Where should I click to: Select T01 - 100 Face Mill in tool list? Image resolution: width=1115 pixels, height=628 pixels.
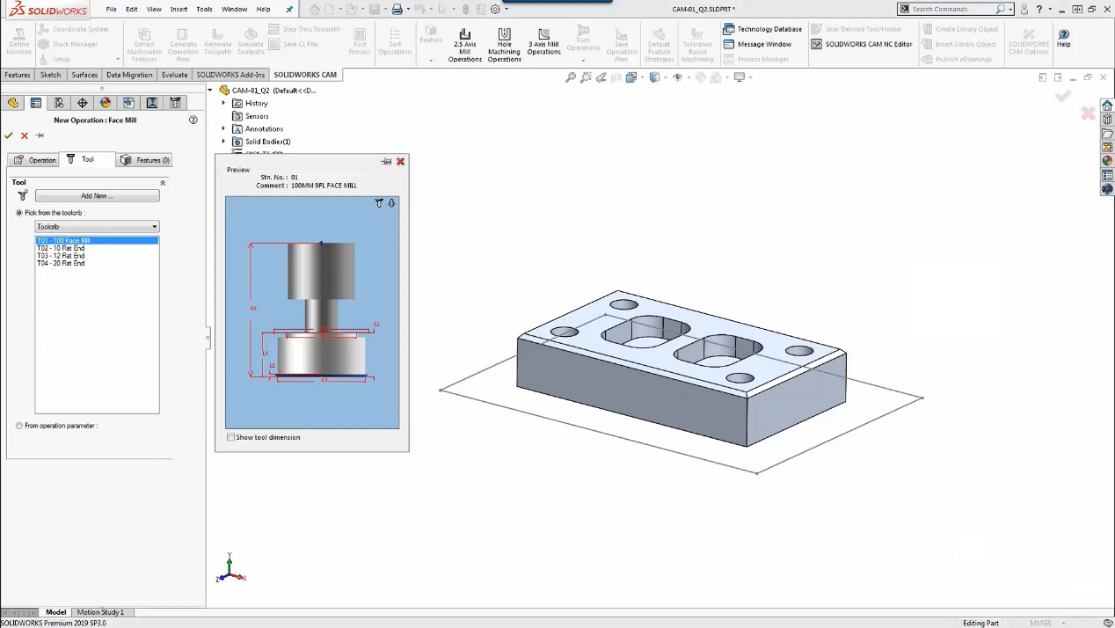(63, 240)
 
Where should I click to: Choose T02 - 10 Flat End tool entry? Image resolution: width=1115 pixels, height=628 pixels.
(61, 248)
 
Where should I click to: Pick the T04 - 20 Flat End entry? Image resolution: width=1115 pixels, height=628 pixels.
(61, 263)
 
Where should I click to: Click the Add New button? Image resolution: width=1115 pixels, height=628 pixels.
(97, 196)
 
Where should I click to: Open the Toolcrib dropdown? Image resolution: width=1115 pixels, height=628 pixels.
(97, 227)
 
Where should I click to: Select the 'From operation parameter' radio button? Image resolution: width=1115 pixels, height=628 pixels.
(19, 426)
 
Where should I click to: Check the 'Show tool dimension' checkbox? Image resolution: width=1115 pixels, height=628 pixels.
(231, 437)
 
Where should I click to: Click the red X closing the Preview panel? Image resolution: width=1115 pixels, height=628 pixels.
(400, 162)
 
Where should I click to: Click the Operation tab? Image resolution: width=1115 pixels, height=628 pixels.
(35, 160)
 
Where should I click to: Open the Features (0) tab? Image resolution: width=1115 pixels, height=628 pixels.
(145, 160)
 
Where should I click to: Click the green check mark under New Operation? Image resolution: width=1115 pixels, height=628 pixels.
(9, 135)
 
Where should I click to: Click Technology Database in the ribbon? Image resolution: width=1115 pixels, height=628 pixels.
(763, 29)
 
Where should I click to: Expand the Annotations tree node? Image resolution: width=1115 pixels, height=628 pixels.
(223, 129)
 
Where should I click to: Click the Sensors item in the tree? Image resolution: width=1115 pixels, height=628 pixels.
(257, 116)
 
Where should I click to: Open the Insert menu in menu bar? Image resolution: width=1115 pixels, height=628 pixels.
(179, 9)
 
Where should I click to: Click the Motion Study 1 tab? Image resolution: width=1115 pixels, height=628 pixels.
(100, 612)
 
